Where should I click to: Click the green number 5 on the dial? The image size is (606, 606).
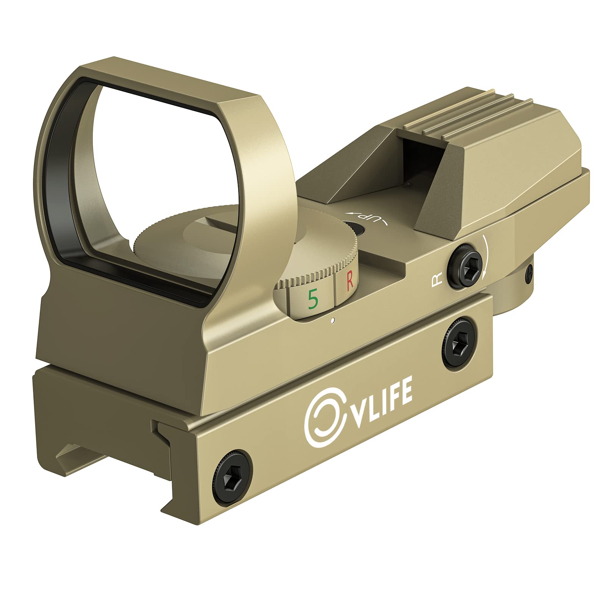point(313,299)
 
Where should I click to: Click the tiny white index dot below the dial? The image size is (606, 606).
point(332,321)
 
